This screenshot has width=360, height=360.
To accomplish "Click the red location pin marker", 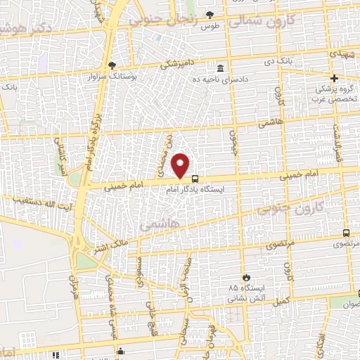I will tap(181, 165).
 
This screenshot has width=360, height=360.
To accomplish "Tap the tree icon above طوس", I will tap(210, 15).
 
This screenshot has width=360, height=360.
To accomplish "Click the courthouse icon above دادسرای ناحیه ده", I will tap(221, 69).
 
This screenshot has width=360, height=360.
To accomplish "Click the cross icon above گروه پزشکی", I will tap(335, 78).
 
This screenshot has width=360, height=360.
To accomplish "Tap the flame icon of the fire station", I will tap(245, 277).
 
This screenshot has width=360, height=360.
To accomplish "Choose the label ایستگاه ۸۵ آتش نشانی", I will tap(242, 292).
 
